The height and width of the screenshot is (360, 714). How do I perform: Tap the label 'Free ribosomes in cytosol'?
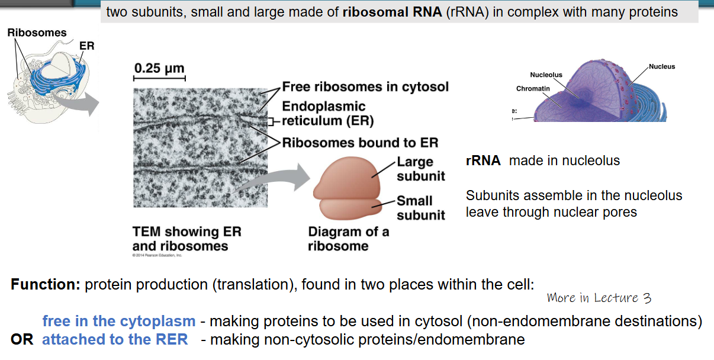365,87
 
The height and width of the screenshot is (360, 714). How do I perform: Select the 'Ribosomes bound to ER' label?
360,143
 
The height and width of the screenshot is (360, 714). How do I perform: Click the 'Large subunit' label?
420,169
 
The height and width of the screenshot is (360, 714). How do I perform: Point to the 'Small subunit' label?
420,208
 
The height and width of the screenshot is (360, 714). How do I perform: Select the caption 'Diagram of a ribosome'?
348,239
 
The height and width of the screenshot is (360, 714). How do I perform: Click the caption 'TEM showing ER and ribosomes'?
186,239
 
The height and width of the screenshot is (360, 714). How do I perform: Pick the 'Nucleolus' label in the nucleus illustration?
546,75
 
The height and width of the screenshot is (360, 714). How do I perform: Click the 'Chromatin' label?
533,89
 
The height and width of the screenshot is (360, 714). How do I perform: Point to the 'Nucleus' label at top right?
662,66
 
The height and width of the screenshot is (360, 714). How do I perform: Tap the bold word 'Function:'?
45,284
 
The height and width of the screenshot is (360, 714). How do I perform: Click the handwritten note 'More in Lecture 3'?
599,298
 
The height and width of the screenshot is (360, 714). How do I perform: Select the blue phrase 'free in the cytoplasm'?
118,322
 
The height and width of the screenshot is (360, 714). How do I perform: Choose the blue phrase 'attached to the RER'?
115,340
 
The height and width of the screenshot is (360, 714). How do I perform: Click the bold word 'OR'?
22,340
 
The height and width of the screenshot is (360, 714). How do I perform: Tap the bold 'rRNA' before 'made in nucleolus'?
483,160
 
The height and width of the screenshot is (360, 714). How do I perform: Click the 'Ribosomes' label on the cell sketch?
37,33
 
